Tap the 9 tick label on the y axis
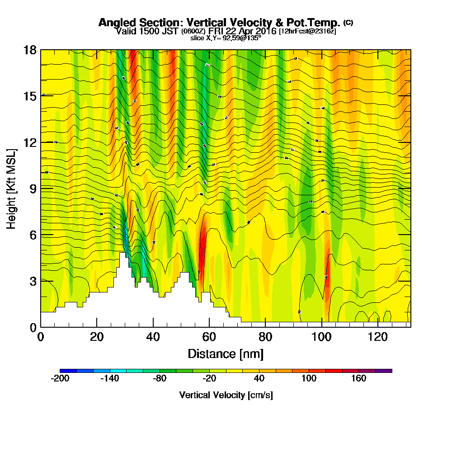[33, 188]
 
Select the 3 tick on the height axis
[33, 281]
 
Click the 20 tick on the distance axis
[97, 337]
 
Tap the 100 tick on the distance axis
[321, 337]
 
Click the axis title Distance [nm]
[226, 353]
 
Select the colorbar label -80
[160, 378]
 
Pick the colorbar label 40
[259, 378]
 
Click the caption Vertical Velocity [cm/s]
[226, 395]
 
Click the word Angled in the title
[115, 23]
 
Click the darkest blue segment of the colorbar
[68, 371]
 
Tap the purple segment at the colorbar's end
[384, 371]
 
